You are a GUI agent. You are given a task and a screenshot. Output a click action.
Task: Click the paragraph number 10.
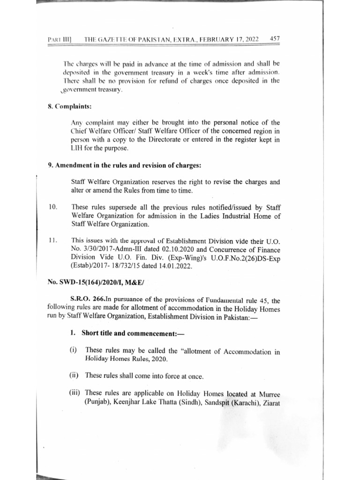point(52,207)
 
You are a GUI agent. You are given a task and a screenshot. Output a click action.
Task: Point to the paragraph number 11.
point(52,240)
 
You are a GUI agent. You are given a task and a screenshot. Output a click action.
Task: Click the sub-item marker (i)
point(74,351)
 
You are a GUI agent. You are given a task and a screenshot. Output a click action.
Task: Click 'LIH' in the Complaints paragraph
point(75,148)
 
